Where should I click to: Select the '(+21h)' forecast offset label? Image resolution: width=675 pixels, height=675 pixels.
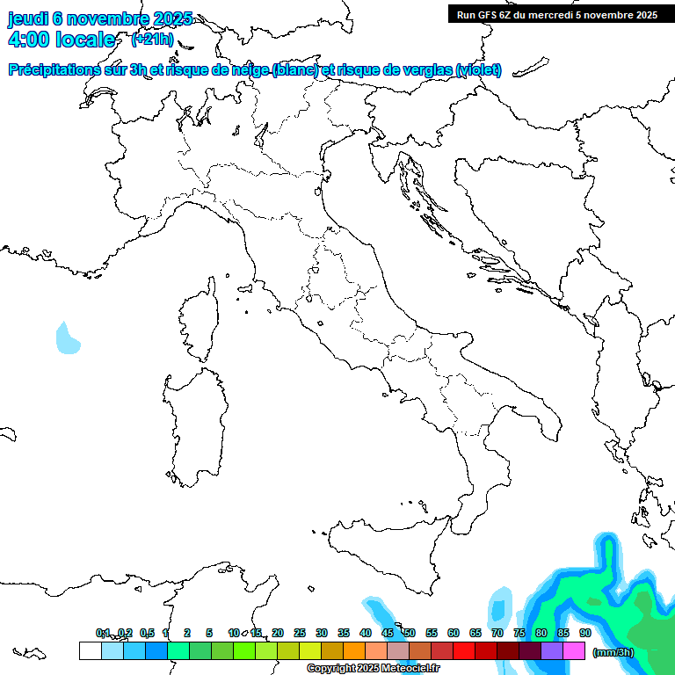tap(152, 40)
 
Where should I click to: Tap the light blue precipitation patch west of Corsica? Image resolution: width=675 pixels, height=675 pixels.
tap(67, 338)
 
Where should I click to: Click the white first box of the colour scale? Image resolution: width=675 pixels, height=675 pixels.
tap(90, 650)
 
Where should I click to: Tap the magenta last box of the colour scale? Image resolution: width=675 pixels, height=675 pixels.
tap(574, 650)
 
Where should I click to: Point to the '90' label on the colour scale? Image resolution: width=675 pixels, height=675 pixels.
tap(585, 633)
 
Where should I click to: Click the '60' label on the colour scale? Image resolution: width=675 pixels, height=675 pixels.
tap(454, 633)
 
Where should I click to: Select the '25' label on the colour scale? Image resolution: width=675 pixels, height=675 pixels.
tap(300, 633)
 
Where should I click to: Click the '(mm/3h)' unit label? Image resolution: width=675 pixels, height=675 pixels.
tap(613, 652)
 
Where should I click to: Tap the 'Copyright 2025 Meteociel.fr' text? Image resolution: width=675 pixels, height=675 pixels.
tap(373, 668)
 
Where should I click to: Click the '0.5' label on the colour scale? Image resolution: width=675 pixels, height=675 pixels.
tap(147, 633)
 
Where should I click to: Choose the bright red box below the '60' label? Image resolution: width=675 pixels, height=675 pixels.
tap(464, 650)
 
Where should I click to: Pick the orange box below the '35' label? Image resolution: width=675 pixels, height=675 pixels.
tap(354, 650)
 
